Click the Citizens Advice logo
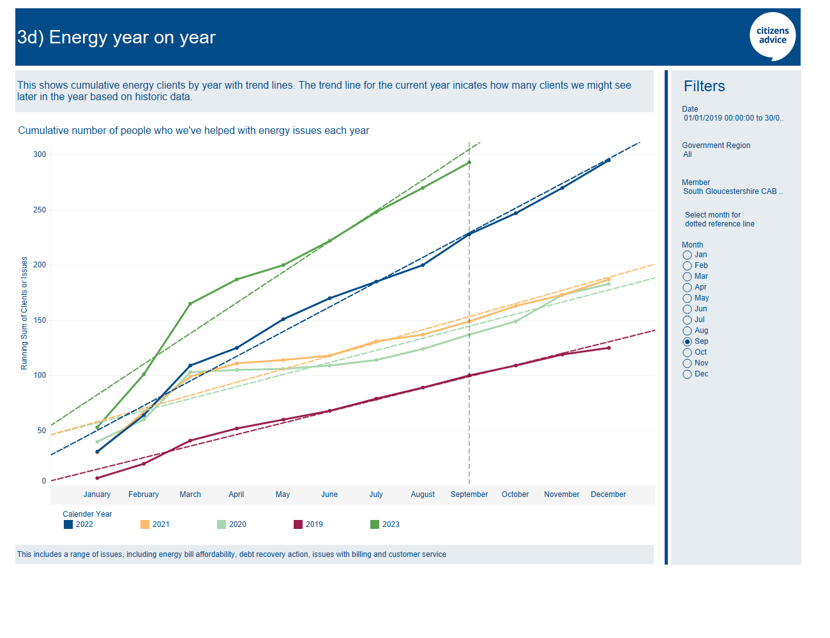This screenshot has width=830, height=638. (x=773, y=36)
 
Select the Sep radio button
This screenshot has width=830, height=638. (x=688, y=342)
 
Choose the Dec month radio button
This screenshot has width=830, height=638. (x=688, y=375)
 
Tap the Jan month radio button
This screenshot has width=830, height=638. (x=688, y=255)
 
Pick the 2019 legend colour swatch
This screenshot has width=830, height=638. (x=298, y=524)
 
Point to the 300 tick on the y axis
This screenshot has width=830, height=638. (x=40, y=154)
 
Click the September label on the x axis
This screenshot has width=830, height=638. (x=469, y=494)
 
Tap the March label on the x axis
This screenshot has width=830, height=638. (x=190, y=494)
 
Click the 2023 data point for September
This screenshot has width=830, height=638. (x=469, y=162)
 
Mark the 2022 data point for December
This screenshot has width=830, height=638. (x=608, y=160)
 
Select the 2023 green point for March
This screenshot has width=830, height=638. (x=190, y=304)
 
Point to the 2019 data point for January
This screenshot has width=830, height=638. (x=97, y=478)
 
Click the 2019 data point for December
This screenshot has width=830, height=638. (x=608, y=348)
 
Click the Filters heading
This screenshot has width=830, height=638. (x=704, y=86)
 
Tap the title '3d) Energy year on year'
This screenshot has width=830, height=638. (x=117, y=38)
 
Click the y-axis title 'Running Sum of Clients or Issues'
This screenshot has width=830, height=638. (x=24, y=313)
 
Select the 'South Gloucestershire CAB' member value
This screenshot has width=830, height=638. (x=732, y=191)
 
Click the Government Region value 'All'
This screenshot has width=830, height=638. (x=688, y=154)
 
